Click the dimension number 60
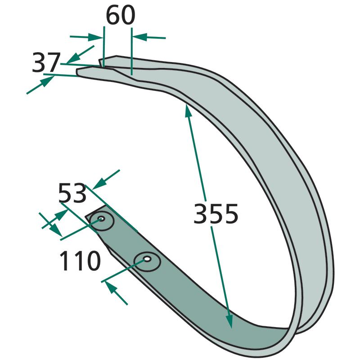pyautogui.click(x=121, y=15)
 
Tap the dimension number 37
pyautogui.click(x=46, y=63)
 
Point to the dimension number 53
pyautogui.click(x=72, y=193)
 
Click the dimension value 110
pyautogui.click(x=80, y=261)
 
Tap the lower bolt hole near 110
pyautogui.click(x=147, y=259)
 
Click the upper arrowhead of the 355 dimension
pyautogui.click(x=188, y=110)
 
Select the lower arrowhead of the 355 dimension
pyautogui.click(x=229, y=321)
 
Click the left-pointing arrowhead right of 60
pyautogui.click(x=140, y=37)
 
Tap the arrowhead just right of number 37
pyautogui.click(x=73, y=58)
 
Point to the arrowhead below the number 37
pyautogui.click(x=48, y=81)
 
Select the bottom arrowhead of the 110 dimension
pyautogui.click(x=111, y=288)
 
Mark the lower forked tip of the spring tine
pyautogui.click(x=78, y=72)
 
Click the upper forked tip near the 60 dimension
pyautogui.click(x=99, y=61)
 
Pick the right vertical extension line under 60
pyautogui.click(x=132, y=51)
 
